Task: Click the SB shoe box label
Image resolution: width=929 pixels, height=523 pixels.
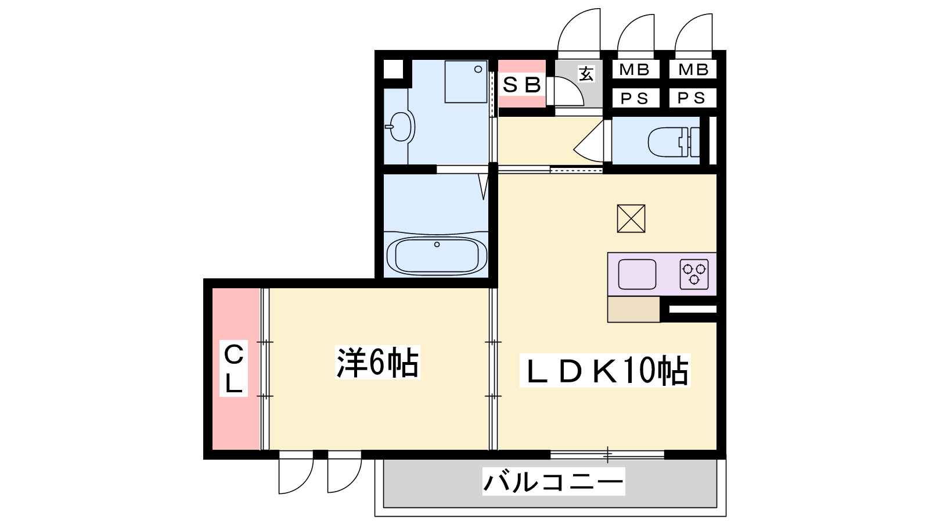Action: tap(522, 85)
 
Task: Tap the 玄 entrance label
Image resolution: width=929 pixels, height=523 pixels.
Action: tap(586, 74)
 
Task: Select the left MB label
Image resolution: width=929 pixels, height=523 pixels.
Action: tap(634, 70)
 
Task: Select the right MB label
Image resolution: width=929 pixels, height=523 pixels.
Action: tap(693, 70)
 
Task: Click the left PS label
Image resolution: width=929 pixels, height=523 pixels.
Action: tap(634, 98)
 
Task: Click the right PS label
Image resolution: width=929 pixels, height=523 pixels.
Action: tap(692, 98)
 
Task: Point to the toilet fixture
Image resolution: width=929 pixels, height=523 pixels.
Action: tap(674, 142)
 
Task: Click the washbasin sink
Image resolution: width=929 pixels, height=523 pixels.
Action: tap(401, 127)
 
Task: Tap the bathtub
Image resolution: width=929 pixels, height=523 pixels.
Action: tap(436, 255)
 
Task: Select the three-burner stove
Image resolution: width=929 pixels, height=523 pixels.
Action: tap(694, 274)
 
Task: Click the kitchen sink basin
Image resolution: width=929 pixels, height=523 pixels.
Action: tap(637, 274)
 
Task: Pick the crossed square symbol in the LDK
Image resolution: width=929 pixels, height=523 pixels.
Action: tap(631, 218)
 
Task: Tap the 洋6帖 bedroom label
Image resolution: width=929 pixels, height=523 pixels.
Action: tap(377, 362)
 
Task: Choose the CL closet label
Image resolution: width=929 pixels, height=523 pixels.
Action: tap(233, 368)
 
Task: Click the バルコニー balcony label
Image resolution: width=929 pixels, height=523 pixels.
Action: tap(553, 482)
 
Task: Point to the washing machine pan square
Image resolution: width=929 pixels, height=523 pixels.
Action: tap(466, 81)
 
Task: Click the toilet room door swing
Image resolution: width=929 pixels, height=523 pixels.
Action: tap(589, 141)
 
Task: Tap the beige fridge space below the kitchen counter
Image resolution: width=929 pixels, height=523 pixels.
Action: tap(633, 309)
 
